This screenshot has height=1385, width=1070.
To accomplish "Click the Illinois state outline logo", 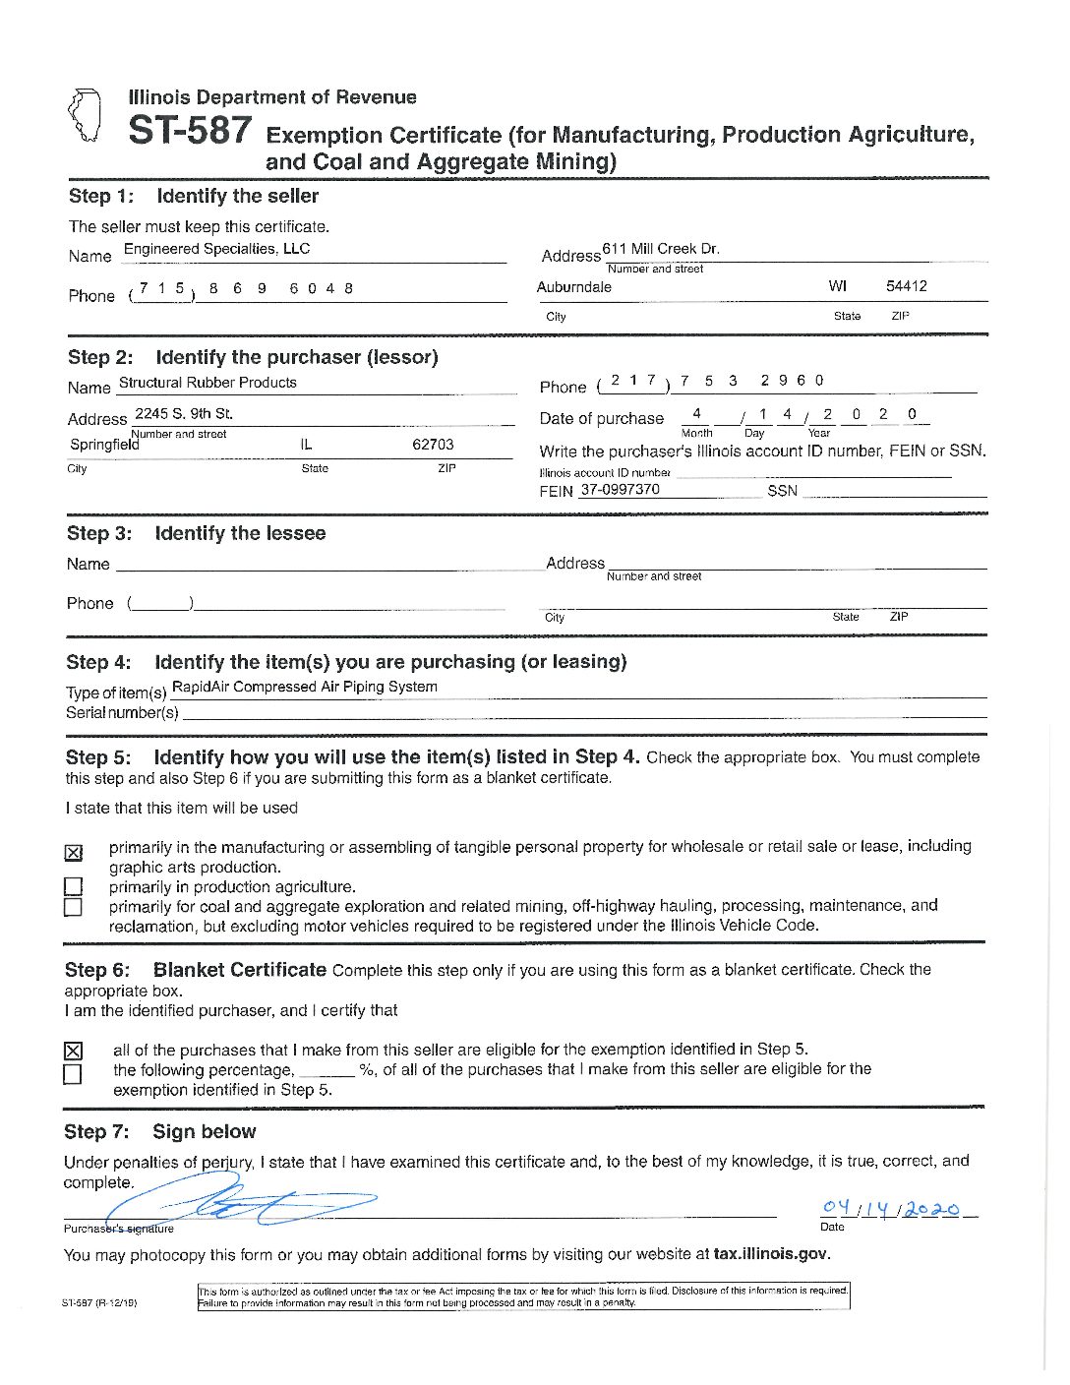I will click(x=85, y=115).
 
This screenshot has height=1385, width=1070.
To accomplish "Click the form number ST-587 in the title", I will click(x=190, y=131).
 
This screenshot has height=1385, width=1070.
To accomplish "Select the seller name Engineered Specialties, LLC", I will click(x=216, y=249).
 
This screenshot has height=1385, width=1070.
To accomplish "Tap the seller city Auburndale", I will click(x=574, y=287).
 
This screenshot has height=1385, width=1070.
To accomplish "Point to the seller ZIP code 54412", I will click(x=906, y=286).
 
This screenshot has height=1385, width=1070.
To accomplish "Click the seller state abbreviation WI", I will click(x=838, y=286).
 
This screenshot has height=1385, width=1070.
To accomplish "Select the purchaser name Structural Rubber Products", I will click(x=208, y=383).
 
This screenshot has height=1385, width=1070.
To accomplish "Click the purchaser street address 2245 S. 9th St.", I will click(x=184, y=413).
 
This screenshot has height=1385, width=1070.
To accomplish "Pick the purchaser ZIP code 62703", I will click(x=433, y=445).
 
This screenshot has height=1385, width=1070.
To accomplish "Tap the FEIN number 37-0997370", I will click(x=621, y=489).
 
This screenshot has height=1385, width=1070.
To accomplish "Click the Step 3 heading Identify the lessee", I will click(x=240, y=533).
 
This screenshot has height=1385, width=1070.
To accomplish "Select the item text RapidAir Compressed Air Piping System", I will click(x=305, y=687).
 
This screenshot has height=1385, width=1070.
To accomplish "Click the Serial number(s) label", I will click(x=122, y=712).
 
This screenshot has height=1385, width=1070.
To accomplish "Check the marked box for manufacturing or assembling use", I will click(x=74, y=853).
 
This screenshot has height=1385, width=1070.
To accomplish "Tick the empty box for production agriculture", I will click(x=73, y=886).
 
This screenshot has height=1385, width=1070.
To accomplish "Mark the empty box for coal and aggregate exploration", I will click(x=73, y=907).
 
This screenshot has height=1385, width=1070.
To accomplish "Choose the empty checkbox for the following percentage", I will click(x=73, y=1074).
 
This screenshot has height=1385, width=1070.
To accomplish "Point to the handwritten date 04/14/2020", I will click(x=890, y=1208).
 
